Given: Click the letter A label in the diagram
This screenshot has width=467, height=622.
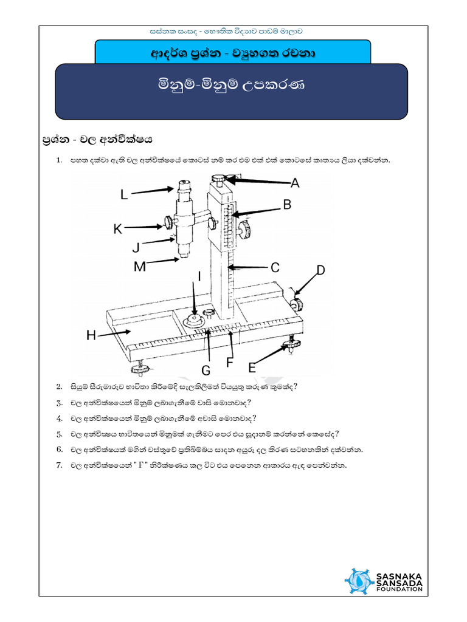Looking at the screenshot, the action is (x=295, y=183).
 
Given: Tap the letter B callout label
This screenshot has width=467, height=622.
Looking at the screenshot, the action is (x=287, y=204).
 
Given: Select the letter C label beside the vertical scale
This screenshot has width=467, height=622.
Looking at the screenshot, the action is (x=275, y=267).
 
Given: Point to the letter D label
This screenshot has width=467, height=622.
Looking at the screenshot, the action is (x=320, y=270).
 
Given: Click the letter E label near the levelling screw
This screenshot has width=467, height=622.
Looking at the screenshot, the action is (x=252, y=368).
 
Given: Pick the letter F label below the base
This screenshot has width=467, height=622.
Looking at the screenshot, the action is (x=229, y=362).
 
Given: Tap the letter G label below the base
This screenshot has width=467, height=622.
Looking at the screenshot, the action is (x=206, y=371).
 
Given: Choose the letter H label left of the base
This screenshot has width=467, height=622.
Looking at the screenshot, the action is (x=91, y=335).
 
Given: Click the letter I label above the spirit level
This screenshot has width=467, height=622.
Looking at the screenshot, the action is (x=199, y=276).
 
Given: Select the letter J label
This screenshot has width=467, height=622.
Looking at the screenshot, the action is (x=136, y=248).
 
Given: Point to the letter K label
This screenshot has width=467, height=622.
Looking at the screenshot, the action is (x=118, y=229).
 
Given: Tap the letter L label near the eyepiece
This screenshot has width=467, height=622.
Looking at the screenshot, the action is (x=124, y=194).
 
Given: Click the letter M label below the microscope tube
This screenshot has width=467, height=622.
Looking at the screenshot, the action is (x=140, y=266).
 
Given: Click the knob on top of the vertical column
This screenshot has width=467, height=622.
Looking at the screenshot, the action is (x=218, y=179).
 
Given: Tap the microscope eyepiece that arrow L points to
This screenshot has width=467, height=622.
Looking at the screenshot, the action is (x=184, y=186).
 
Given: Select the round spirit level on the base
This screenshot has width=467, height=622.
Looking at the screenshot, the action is (x=194, y=320).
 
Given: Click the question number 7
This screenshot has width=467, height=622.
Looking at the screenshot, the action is (x=59, y=465).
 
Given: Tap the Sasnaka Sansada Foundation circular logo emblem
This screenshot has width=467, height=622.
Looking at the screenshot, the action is (x=359, y=581).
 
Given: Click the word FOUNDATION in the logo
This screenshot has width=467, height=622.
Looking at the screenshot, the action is (x=399, y=589).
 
